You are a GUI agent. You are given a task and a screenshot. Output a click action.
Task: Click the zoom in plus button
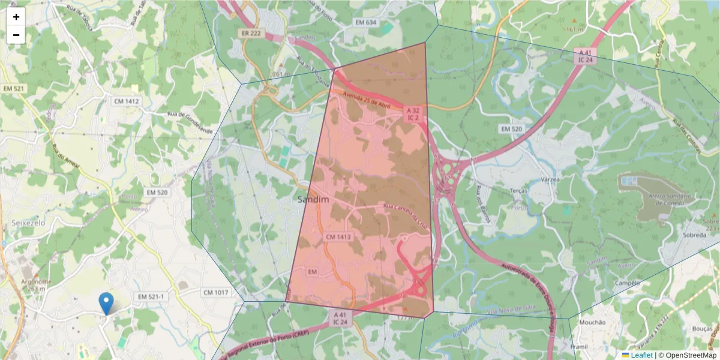click(x=16, y=17)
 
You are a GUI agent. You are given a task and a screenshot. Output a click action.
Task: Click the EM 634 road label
click(x=365, y=23)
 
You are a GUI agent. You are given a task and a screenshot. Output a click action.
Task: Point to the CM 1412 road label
click(x=126, y=101)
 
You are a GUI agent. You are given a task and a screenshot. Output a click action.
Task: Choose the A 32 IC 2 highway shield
click(x=413, y=114)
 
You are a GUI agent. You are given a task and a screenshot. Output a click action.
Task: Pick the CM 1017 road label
click(x=216, y=292)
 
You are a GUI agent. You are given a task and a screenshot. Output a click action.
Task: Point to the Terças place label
click(x=518, y=191)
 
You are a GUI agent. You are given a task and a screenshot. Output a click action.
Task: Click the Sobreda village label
click(x=694, y=236)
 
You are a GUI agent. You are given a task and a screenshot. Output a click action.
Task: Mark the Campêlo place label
click(x=628, y=283)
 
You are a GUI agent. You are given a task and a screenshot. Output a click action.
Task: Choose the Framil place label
click(x=579, y=347)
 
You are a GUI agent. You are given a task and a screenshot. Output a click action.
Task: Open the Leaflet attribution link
click(x=641, y=355)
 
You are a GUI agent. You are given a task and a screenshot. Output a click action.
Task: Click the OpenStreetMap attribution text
click(x=690, y=355)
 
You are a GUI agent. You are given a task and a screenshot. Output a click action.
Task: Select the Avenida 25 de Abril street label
click(x=366, y=101)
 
